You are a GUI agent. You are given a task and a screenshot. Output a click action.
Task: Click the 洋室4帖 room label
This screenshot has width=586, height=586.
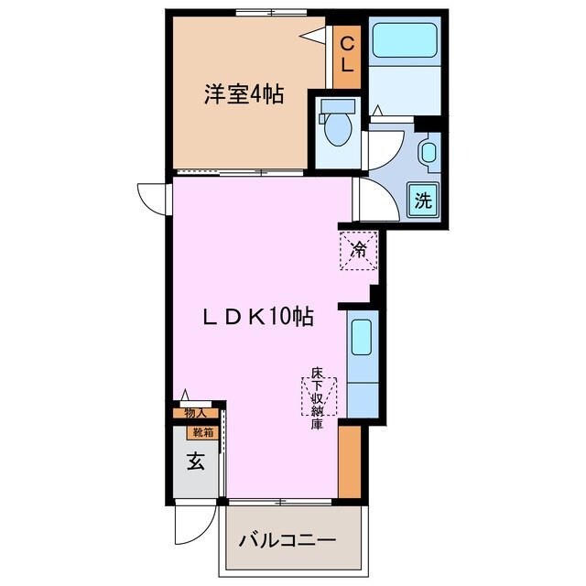pyautogui.click(x=243, y=92)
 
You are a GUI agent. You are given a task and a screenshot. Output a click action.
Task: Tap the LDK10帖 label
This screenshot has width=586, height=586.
pyautogui.click(x=258, y=317)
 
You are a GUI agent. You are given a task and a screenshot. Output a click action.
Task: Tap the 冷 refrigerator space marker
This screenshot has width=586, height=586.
pyautogui.click(x=359, y=248)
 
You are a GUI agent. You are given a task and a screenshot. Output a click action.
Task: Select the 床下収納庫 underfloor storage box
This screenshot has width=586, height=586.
pyautogui.click(x=318, y=396)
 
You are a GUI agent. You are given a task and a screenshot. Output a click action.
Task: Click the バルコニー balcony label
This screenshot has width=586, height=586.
pyautogui.click(x=288, y=539)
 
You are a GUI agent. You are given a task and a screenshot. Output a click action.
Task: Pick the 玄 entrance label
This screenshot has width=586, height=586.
pyautogui.click(x=195, y=462)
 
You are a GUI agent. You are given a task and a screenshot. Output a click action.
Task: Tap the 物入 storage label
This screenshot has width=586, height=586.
pyautogui.click(x=195, y=414)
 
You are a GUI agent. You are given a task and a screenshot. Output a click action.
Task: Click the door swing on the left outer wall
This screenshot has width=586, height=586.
pyautogui.click(x=151, y=197)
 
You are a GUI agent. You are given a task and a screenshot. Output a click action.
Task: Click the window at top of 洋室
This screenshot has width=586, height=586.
pyautogui.click(x=267, y=12)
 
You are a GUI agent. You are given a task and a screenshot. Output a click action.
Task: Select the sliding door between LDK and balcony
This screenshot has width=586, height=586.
pyautogui.click(x=279, y=501)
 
